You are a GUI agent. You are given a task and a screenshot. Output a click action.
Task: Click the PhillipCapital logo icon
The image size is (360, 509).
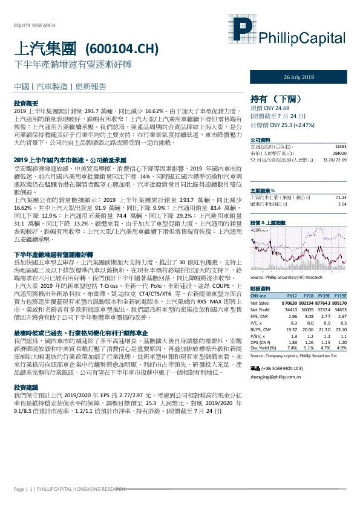click(242, 32)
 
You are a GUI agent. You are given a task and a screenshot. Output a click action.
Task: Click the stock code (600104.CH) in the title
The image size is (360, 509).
click(123, 48)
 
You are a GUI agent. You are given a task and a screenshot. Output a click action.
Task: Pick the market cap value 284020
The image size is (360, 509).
click(339, 154)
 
